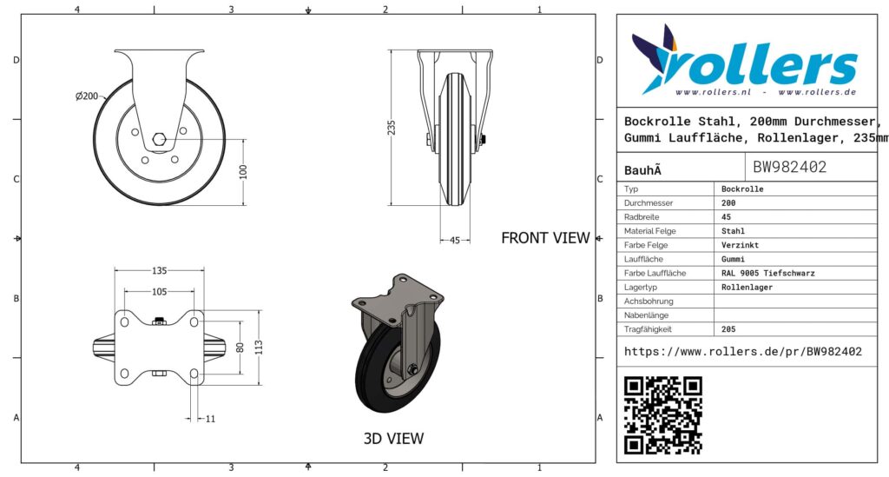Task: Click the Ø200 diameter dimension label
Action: [x=87, y=96]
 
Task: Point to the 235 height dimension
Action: [x=392, y=127]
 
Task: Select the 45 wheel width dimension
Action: [x=455, y=241]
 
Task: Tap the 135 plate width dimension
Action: [x=160, y=270]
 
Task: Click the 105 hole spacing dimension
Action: [x=160, y=292]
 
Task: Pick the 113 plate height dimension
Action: [x=259, y=348]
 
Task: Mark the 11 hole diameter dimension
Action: [x=210, y=419]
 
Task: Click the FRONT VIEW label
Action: [x=545, y=238]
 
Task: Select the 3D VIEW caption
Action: [x=393, y=439]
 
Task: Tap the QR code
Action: [x=662, y=415]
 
